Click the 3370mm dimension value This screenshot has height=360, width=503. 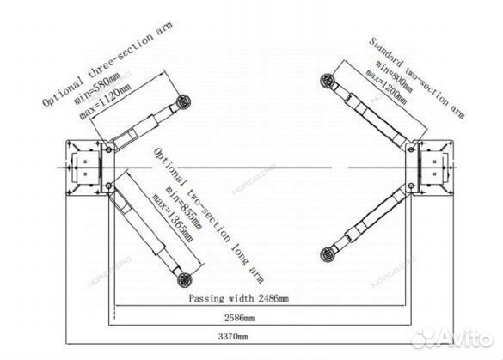(233, 337)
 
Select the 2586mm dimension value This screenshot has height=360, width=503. (239, 318)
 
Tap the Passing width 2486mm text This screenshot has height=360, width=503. (239, 299)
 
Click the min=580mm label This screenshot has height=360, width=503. (97, 88)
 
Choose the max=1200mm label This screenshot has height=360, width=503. (387, 87)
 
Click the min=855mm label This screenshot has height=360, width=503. (183, 208)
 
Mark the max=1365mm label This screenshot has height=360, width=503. (173, 217)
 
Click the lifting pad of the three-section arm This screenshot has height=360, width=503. (183, 101)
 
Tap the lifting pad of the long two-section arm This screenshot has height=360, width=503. (185, 279)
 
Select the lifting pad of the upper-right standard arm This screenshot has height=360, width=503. (327, 80)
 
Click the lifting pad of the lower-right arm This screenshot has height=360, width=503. (328, 254)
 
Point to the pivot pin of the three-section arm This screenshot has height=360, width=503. (108, 149)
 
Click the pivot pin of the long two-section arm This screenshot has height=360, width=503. (108, 186)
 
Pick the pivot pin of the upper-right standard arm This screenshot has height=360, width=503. (411, 149)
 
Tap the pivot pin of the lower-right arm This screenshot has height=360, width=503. (411, 186)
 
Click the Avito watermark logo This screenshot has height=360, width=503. (452, 339)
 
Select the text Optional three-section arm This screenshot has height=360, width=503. (107, 64)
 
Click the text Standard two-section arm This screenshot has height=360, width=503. (417, 78)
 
